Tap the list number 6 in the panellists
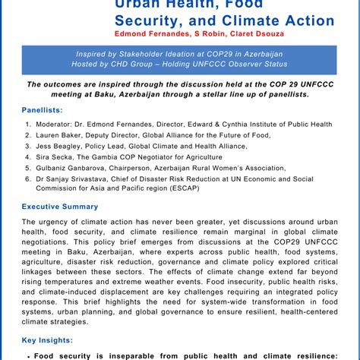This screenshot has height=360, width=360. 27,178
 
